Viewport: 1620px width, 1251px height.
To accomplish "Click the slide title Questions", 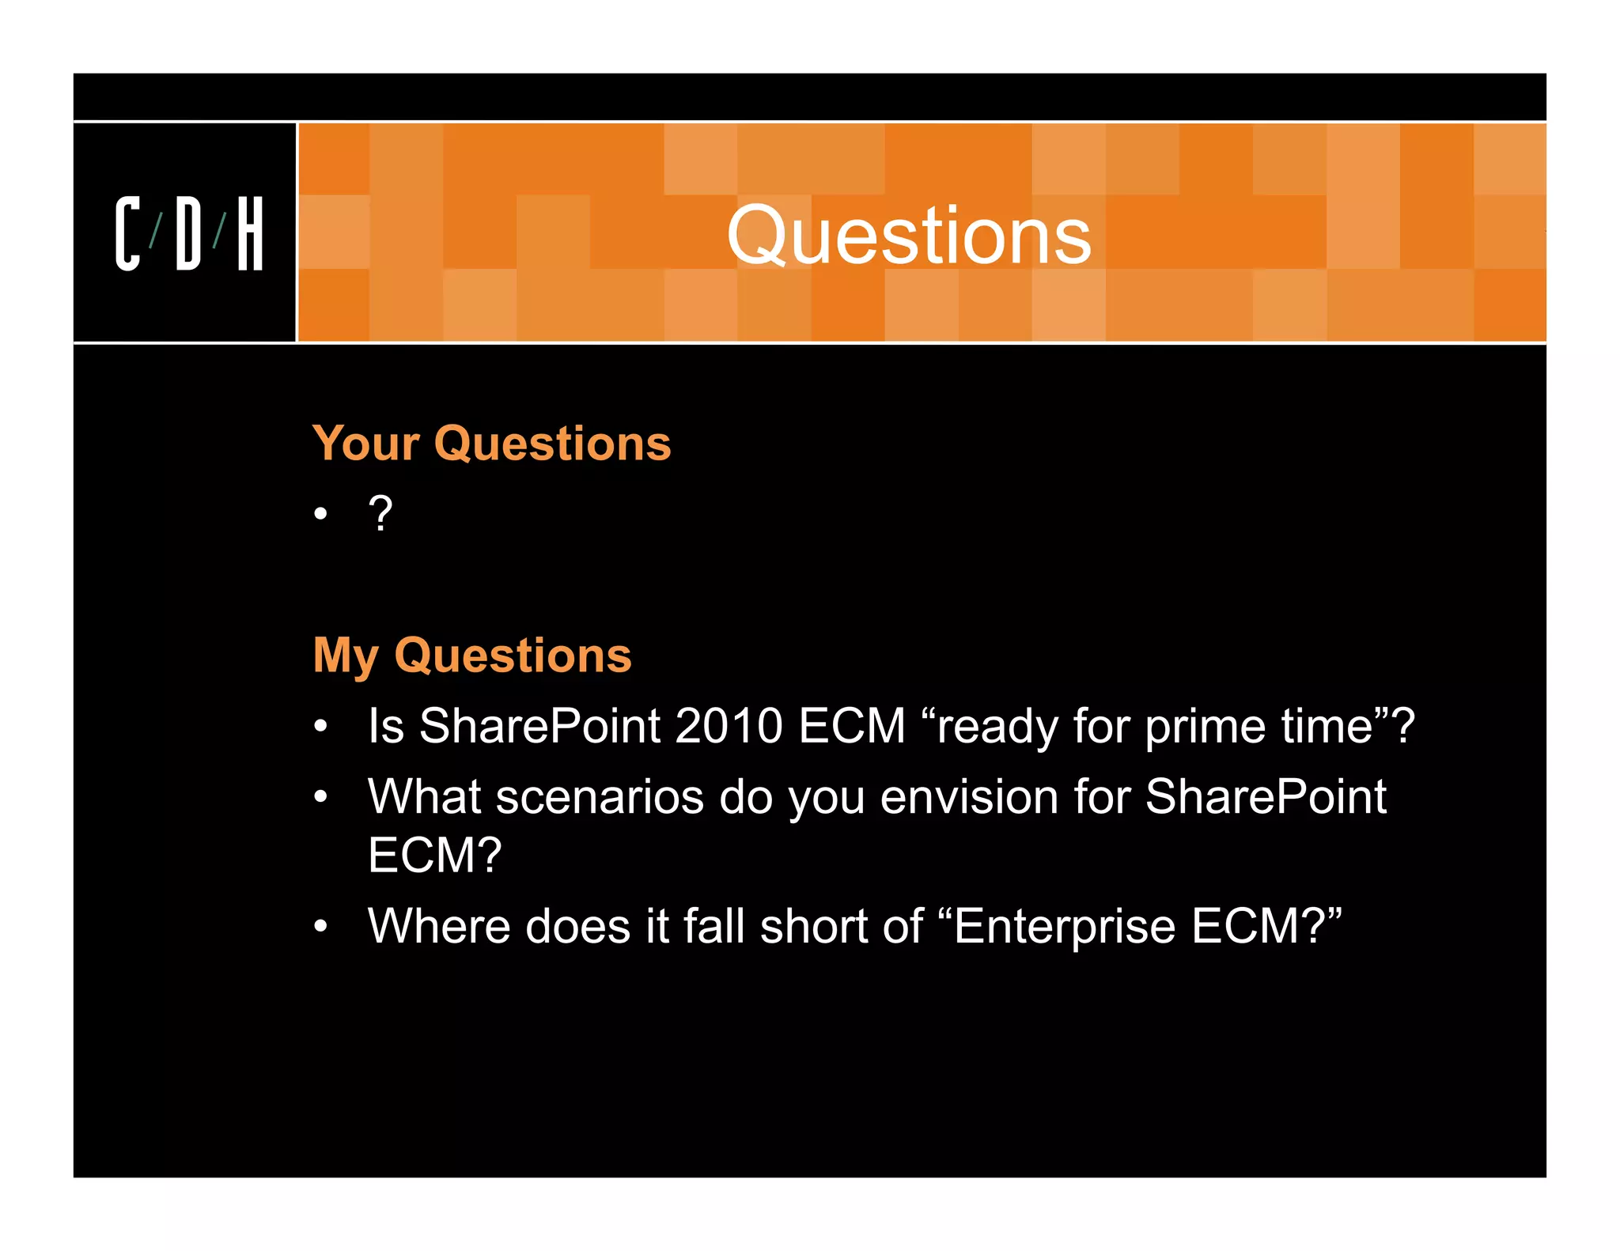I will point(909,235).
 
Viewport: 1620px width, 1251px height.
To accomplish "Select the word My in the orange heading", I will point(346,656).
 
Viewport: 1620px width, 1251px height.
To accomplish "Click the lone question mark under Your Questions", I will point(380,514).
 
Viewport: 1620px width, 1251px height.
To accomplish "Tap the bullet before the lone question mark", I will point(320,515).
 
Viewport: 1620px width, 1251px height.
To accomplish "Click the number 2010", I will point(728,725).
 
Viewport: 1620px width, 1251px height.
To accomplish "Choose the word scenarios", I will point(599,796).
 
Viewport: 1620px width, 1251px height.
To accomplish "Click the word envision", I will point(969,796).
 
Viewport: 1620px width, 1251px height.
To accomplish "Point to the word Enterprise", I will point(1065,927).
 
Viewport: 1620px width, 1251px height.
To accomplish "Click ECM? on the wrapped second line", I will point(434,855).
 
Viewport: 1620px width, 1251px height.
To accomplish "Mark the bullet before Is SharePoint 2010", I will point(320,726).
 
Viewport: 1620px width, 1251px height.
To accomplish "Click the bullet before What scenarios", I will point(320,796).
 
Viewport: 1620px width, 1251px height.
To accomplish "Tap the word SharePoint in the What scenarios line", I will point(1265,796).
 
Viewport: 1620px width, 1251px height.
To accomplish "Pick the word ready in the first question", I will point(997,727).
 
